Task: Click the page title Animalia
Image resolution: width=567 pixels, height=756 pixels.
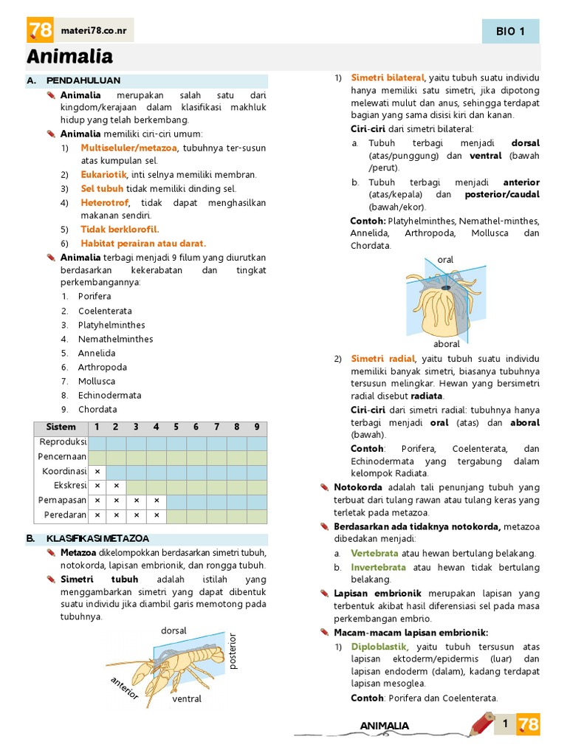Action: coord(70,57)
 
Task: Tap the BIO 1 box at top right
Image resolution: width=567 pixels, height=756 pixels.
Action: coord(510,31)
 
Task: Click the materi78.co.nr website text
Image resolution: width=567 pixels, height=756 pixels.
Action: coord(97,30)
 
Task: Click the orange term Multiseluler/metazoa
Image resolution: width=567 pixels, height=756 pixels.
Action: coord(129,148)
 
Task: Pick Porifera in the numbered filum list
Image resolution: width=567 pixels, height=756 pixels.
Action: coord(94,297)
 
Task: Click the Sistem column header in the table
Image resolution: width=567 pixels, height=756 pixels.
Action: coord(61,427)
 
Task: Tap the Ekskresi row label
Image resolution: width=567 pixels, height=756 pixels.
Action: coord(70,485)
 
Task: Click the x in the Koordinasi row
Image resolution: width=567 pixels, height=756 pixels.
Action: coord(97,471)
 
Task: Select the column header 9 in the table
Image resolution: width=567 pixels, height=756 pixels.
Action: coord(256,427)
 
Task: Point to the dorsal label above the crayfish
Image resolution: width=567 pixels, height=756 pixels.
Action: coord(173,630)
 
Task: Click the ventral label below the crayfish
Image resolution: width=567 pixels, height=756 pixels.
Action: coord(187,698)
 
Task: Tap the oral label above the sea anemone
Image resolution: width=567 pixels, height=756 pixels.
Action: coord(445,260)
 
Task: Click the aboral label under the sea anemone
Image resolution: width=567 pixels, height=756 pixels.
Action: coord(447,344)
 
